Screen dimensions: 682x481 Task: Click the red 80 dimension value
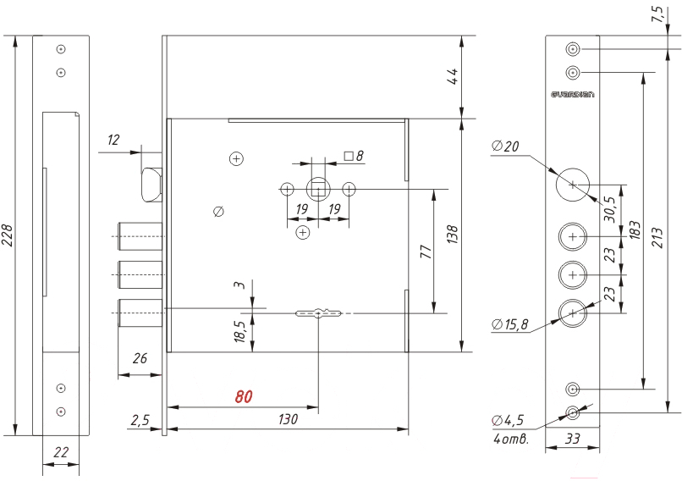pos(244,396)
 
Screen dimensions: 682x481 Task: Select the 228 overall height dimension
pos(8,235)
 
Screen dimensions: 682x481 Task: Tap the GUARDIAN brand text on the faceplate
pos(572,95)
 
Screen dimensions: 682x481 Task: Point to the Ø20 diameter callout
pos(505,146)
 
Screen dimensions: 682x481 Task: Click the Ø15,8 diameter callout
pos(509,324)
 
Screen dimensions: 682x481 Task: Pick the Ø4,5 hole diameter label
pos(508,420)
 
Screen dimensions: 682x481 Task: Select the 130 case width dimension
pos(288,419)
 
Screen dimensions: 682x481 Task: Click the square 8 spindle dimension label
pos(354,156)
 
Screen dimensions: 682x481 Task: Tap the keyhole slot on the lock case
pos(318,313)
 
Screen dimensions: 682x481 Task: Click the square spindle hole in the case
pos(318,190)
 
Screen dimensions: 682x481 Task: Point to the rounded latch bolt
pos(151,185)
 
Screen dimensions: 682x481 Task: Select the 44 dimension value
pos(454,76)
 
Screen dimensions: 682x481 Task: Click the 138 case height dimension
pos(453,235)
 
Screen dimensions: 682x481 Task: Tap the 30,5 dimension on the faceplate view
pos(610,209)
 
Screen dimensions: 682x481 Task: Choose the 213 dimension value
pos(657,238)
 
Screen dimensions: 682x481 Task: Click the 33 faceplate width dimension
pos(572,439)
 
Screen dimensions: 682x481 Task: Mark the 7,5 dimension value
pos(658,14)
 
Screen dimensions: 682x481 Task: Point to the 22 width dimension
pos(61,453)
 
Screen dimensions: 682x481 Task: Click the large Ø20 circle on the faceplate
pos(573,185)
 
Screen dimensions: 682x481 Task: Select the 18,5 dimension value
pos(240,331)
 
